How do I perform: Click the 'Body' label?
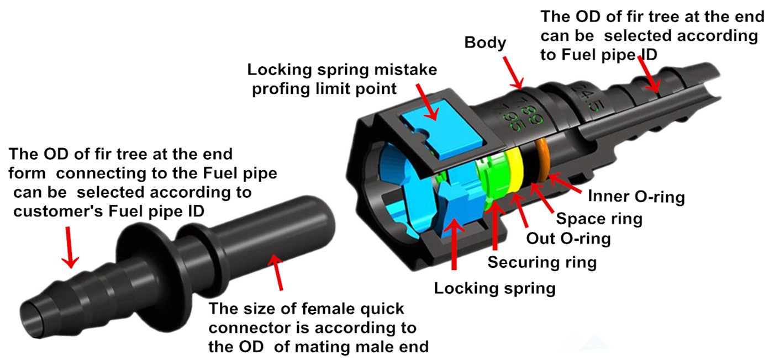click(485, 43)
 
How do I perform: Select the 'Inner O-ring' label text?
click(636, 197)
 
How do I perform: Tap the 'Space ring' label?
click(599, 219)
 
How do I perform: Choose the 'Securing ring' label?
click(541, 262)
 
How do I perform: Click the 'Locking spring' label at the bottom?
click(494, 288)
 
